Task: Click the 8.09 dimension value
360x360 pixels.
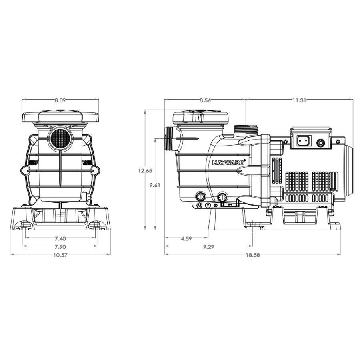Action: pos(60,100)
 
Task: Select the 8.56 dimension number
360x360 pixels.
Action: pos(204,100)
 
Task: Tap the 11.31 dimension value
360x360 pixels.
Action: pos(299,100)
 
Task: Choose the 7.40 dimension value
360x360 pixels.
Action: pos(60,238)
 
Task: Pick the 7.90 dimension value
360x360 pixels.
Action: pos(60,247)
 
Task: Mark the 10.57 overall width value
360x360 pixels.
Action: pos(60,255)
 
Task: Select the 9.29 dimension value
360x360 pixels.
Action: pos(208,247)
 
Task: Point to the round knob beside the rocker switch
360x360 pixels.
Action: pos(320,142)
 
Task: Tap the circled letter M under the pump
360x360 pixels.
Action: pos(199,206)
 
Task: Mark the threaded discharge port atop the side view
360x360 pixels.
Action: pos(246,129)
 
